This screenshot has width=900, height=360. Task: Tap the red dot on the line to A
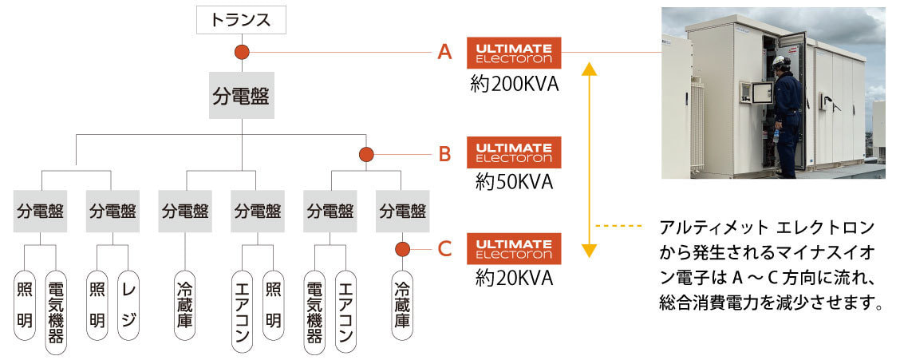click(242, 53)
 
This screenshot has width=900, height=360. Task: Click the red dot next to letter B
click(366, 154)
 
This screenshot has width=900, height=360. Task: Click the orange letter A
click(444, 53)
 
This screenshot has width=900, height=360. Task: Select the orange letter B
click(444, 154)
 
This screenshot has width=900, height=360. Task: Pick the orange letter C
click(444, 249)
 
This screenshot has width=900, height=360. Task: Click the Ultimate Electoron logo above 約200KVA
click(514, 53)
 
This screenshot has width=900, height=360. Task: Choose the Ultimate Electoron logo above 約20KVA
click(514, 248)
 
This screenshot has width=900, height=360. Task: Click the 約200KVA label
click(514, 84)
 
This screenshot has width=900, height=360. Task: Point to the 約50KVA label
click(514, 182)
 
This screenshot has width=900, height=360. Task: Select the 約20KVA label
click(514, 278)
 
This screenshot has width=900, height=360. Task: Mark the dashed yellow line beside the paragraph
click(618, 227)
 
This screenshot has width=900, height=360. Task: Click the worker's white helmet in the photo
click(780, 61)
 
